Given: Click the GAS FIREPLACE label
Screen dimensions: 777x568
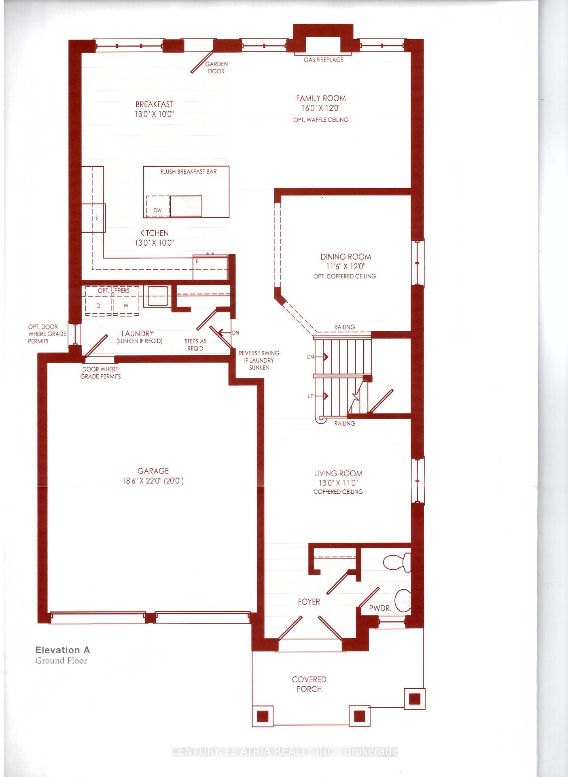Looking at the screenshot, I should (x=323, y=60).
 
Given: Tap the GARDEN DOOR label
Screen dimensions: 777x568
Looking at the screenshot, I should (x=216, y=68).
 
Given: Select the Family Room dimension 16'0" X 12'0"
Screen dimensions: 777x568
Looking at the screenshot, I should (x=321, y=108).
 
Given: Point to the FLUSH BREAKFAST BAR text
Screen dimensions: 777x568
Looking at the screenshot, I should (x=189, y=172).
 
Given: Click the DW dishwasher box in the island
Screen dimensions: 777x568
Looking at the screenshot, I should (x=158, y=206).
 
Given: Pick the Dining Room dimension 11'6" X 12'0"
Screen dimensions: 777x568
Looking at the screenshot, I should (x=345, y=267).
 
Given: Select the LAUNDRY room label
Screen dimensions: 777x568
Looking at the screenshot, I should (x=138, y=333).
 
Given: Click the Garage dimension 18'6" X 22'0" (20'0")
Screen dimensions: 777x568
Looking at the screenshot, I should (x=153, y=481).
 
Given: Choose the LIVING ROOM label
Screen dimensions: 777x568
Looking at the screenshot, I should (x=338, y=473).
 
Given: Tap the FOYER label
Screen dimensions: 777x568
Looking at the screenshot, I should (x=309, y=602).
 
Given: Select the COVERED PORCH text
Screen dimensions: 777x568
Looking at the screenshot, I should (x=309, y=684).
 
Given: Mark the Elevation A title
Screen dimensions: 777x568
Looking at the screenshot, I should (x=63, y=650).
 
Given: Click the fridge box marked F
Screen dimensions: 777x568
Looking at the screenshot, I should (x=210, y=267).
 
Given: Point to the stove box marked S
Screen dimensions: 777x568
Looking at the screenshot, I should (x=94, y=218).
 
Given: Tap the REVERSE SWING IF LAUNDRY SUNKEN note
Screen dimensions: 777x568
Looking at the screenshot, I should (x=259, y=360).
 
